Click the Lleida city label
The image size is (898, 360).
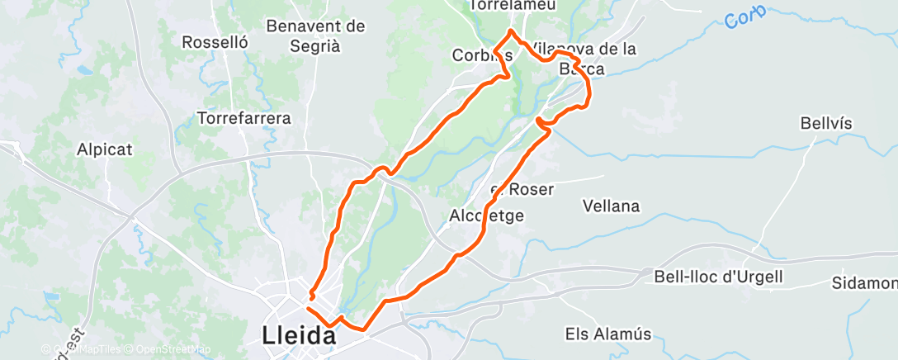coord(299,335)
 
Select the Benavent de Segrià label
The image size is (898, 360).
coord(315,36)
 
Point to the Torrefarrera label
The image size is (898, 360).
coord(244,118)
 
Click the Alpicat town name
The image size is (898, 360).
coord(106,149)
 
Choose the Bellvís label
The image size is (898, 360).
coord(825,123)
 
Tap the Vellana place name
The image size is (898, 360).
coord(611,206)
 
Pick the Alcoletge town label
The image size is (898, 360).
coord(487,215)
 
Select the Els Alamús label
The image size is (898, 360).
coord(608,334)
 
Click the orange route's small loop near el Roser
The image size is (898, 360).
coord(541,123)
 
